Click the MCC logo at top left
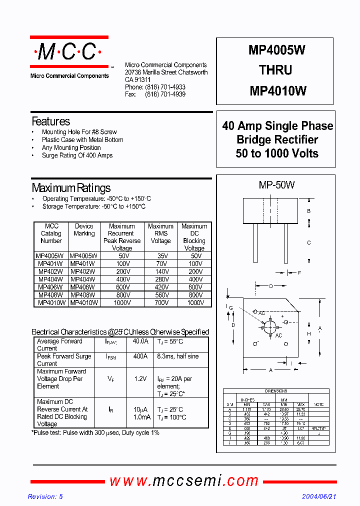[69, 51]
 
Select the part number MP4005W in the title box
[277, 50]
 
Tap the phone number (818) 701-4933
[165, 87]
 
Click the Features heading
[50, 121]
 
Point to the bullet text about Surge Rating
[77, 155]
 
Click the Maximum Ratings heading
[71, 188]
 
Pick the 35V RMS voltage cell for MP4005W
[160, 256]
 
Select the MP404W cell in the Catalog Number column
[50, 279]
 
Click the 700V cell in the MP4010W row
[160, 302]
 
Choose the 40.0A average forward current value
[140, 341]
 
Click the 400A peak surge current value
[140, 356]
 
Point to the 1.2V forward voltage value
[140, 379]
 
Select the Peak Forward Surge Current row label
[64, 360]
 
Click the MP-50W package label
[276, 185]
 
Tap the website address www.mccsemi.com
[184, 481]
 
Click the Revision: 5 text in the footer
[45, 496]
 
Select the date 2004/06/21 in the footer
[319, 496]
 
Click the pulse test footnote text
[95, 432]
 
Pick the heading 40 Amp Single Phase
[277, 126]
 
